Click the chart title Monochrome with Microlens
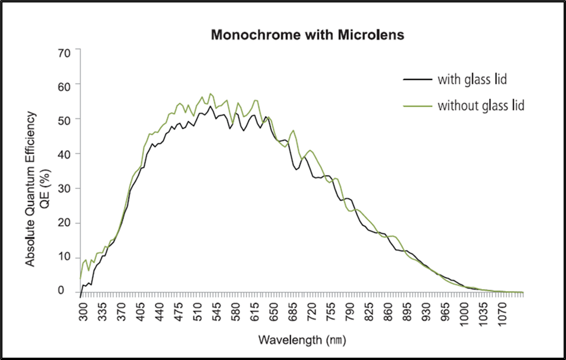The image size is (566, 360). pyautogui.click(x=307, y=35)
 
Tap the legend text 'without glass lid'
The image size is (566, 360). pyautogui.click(x=481, y=106)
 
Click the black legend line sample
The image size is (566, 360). pyautogui.click(x=417, y=79)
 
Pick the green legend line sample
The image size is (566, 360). pyautogui.click(x=417, y=106)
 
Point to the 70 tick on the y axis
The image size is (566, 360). pyautogui.click(x=64, y=52)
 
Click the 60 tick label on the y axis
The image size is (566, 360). pyautogui.click(x=64, y=85)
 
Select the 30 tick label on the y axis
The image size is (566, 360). pyautogui.click(x=64, y=188)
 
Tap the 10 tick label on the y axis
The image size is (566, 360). pyautogui.click(x=64, y=257)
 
